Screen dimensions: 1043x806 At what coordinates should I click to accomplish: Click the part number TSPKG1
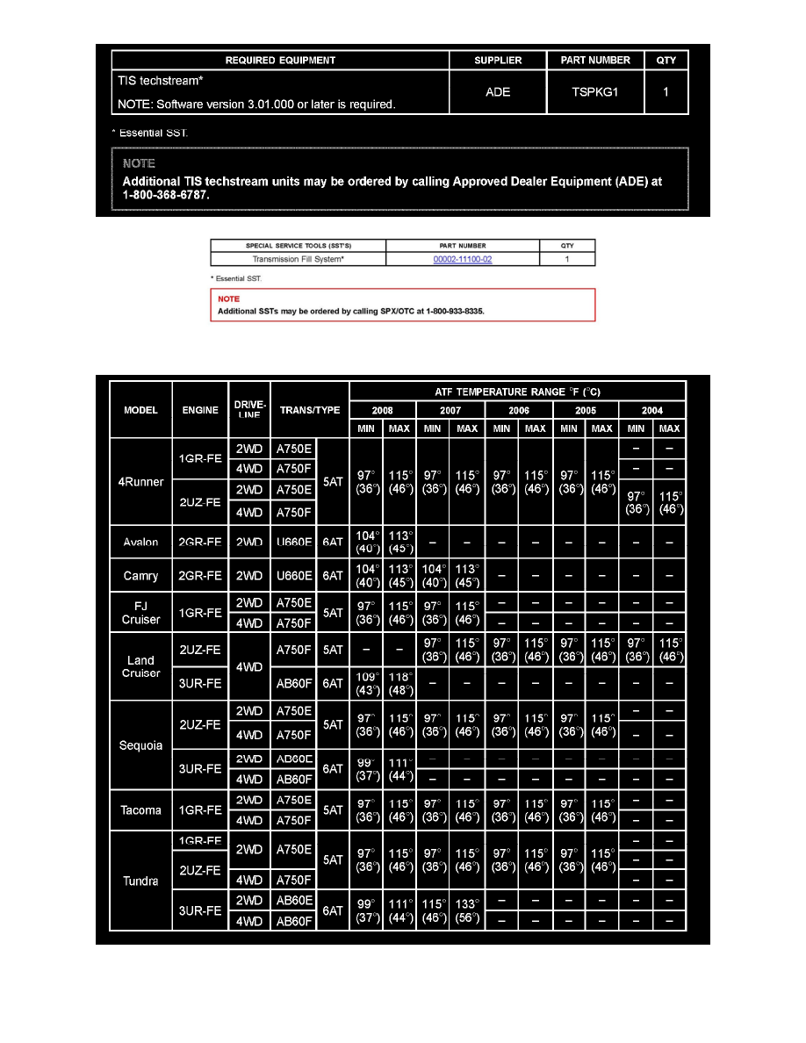tap(596, 91)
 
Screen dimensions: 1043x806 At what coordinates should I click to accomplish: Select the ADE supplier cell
tap(498, 91)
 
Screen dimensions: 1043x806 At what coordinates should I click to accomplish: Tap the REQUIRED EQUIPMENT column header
tap(280, 61)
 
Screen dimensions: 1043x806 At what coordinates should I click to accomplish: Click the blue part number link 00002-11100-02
tap(462, 260)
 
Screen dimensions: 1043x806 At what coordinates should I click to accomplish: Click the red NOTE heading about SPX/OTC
tap(228, 299)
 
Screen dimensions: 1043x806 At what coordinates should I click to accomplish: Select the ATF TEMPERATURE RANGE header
tap(517, 392)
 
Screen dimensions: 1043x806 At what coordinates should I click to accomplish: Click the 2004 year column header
tap(652, 410)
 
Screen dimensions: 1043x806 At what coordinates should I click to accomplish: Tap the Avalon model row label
tap(140, 542)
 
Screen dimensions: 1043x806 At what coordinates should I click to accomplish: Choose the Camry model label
tap(140, 576)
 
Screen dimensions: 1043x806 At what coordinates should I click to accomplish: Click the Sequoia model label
tap(140, 745)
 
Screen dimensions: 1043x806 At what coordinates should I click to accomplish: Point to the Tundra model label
tap(140, 881)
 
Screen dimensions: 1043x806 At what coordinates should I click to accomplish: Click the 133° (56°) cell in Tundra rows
tap(467, 911)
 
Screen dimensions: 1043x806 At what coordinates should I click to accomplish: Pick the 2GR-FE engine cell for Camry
tap(199, 576)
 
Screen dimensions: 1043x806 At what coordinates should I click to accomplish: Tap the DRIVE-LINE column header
tap(249, 409)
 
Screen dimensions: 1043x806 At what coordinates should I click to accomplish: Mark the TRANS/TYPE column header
tap(310, 409)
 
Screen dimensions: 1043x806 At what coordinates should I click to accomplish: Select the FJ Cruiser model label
tap(140, 612)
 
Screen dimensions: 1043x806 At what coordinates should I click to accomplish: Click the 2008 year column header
tap(383, 410)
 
